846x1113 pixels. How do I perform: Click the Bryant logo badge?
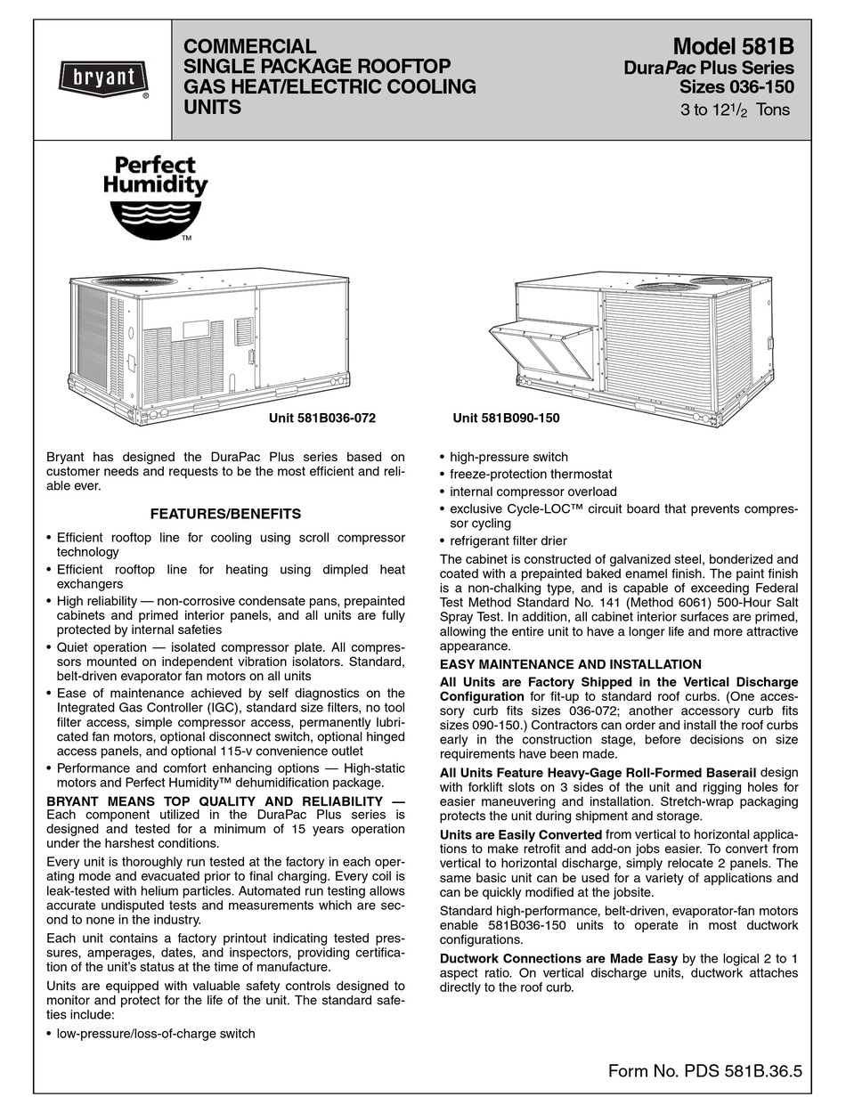point(103,78)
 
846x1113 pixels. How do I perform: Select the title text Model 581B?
point(733,46)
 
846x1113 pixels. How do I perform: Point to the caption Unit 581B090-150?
point(506,418)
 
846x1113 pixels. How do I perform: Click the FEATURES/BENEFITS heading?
point(225,514)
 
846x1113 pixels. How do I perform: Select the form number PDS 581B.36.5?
point(704,1071)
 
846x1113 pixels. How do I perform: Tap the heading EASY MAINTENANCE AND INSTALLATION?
point(571,664)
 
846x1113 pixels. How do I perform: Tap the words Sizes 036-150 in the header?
point(736,87)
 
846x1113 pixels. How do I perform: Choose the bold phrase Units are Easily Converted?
point(521,834)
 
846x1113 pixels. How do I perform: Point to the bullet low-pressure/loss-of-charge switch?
point(156,1034)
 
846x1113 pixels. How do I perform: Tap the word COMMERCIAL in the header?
point(248,46)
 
